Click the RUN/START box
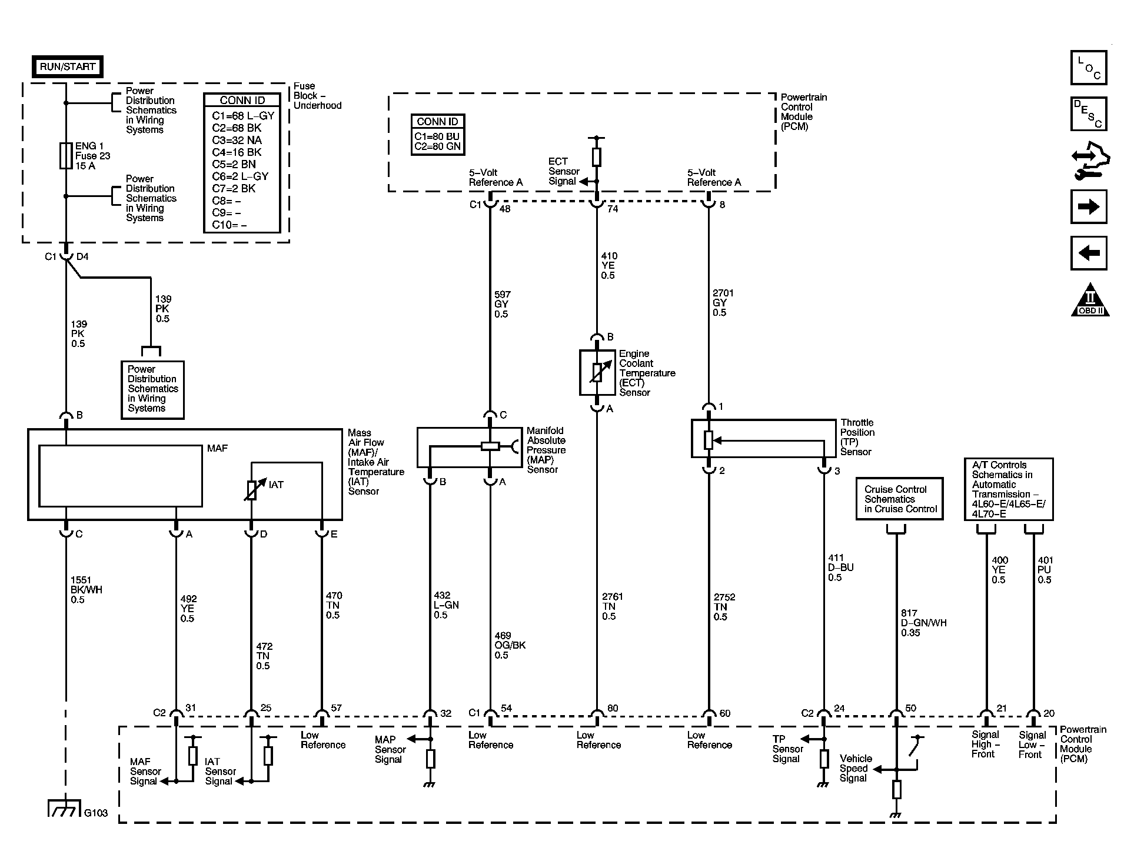coord(67,66)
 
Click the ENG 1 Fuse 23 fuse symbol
coord(66,156)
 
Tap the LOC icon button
coord(1089,68)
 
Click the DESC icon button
coord(1089,113)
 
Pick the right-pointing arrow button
coord(1089,206)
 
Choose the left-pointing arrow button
coord(1089,253)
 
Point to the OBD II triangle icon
coord(1090,300)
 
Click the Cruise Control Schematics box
coord(899,499)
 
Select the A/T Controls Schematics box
coord(1009,489)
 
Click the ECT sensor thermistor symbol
coord(597,373)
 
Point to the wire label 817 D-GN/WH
coord(923,623)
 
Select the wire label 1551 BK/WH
coord(86,590)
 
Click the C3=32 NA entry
coord(237,140)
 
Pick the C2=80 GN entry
coord(437,146)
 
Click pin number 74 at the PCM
coord(613,208)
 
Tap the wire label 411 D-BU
coord(840,567)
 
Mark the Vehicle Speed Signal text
coord(856,768)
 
